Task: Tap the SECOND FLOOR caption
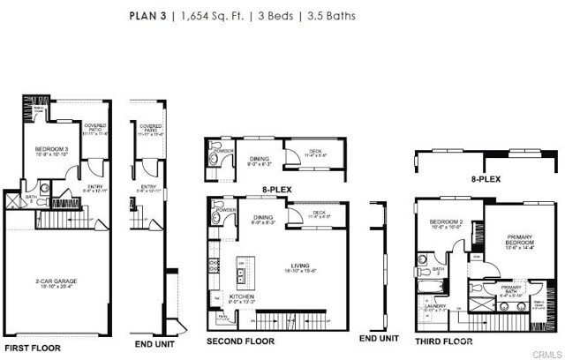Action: pos(240,341)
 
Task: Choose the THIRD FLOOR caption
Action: pos(444,341)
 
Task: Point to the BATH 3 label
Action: pos(30,199)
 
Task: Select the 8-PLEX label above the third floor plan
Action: pos(485,178)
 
